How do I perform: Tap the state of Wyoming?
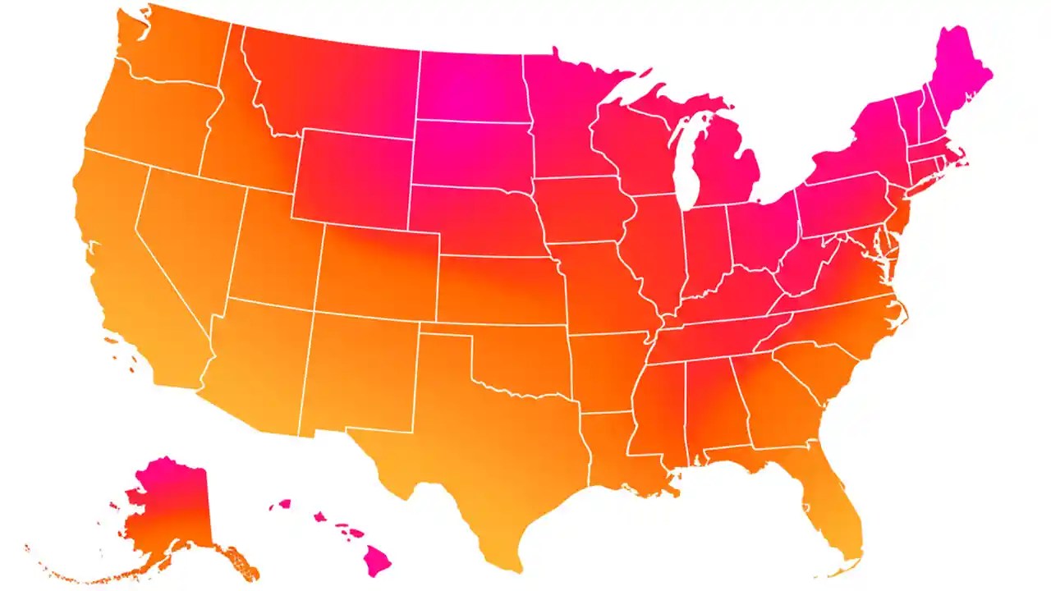pos(353,176)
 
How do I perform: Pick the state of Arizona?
pos(255,361)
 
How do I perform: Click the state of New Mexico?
pos(361,369)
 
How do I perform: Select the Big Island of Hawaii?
pos(377,561)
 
